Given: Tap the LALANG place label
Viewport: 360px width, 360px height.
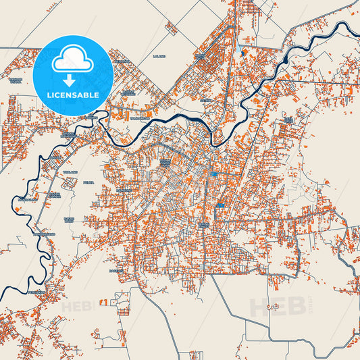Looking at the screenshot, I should (x=159, y=56).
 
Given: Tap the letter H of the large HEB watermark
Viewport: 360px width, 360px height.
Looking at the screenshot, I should (x=259, y=307).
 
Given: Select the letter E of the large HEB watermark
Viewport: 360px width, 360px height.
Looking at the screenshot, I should (x=276, y=307).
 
